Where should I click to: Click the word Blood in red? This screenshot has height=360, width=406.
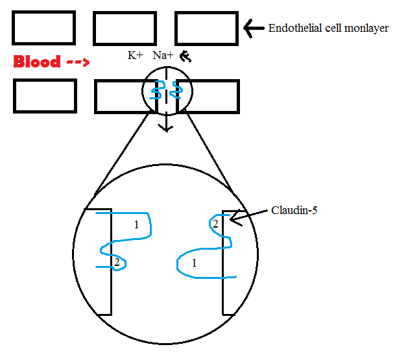click(x=38, y=62)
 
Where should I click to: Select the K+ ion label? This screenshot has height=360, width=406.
click(x=135, y=56)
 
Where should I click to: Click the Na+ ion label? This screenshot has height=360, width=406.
click(x=163, y=56)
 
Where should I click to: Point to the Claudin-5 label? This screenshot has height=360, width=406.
click(x=294, y=210)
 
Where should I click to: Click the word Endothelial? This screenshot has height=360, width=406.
click(x=293, y=28)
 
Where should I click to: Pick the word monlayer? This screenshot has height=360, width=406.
click(x=367, y=28)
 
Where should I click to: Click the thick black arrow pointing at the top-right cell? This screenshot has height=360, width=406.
click(x=252, y=27)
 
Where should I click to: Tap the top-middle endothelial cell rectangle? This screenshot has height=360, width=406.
click(x=125, y=28)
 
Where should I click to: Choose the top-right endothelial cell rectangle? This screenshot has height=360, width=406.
click(x=206, y=28)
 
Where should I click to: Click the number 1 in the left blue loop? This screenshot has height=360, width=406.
click(x=136, y=225)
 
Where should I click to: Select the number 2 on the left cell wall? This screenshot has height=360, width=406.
click(x=116, y=262)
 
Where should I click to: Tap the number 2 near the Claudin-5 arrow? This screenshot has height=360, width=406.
click(x=215, y=224)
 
